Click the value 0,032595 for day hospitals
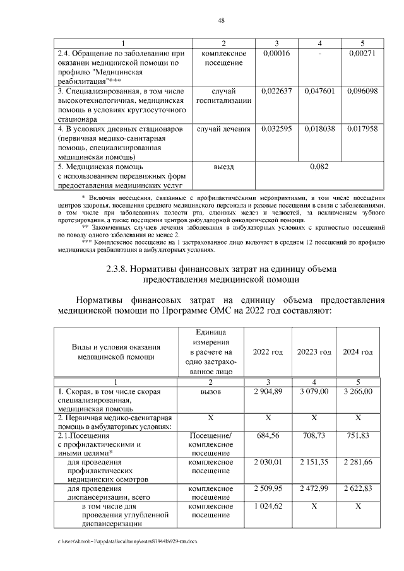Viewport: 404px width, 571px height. (x=275, y=129)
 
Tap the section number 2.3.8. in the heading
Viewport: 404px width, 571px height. (x=122, y=269)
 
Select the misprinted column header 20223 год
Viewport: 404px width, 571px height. (x=314, y=351)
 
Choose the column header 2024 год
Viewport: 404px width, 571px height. (x=358, y=351)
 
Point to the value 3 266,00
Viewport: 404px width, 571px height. (x=358, y=392)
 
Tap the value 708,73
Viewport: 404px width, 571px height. (x=314, y=435)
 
